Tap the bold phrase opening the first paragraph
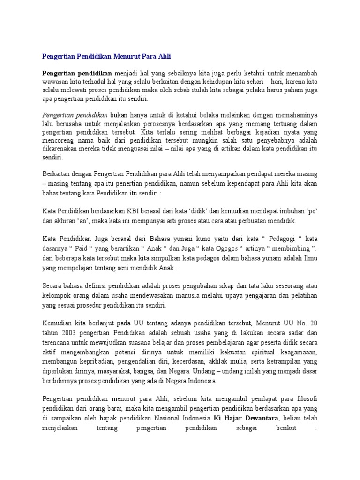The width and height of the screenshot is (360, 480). tap(77, 74)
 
